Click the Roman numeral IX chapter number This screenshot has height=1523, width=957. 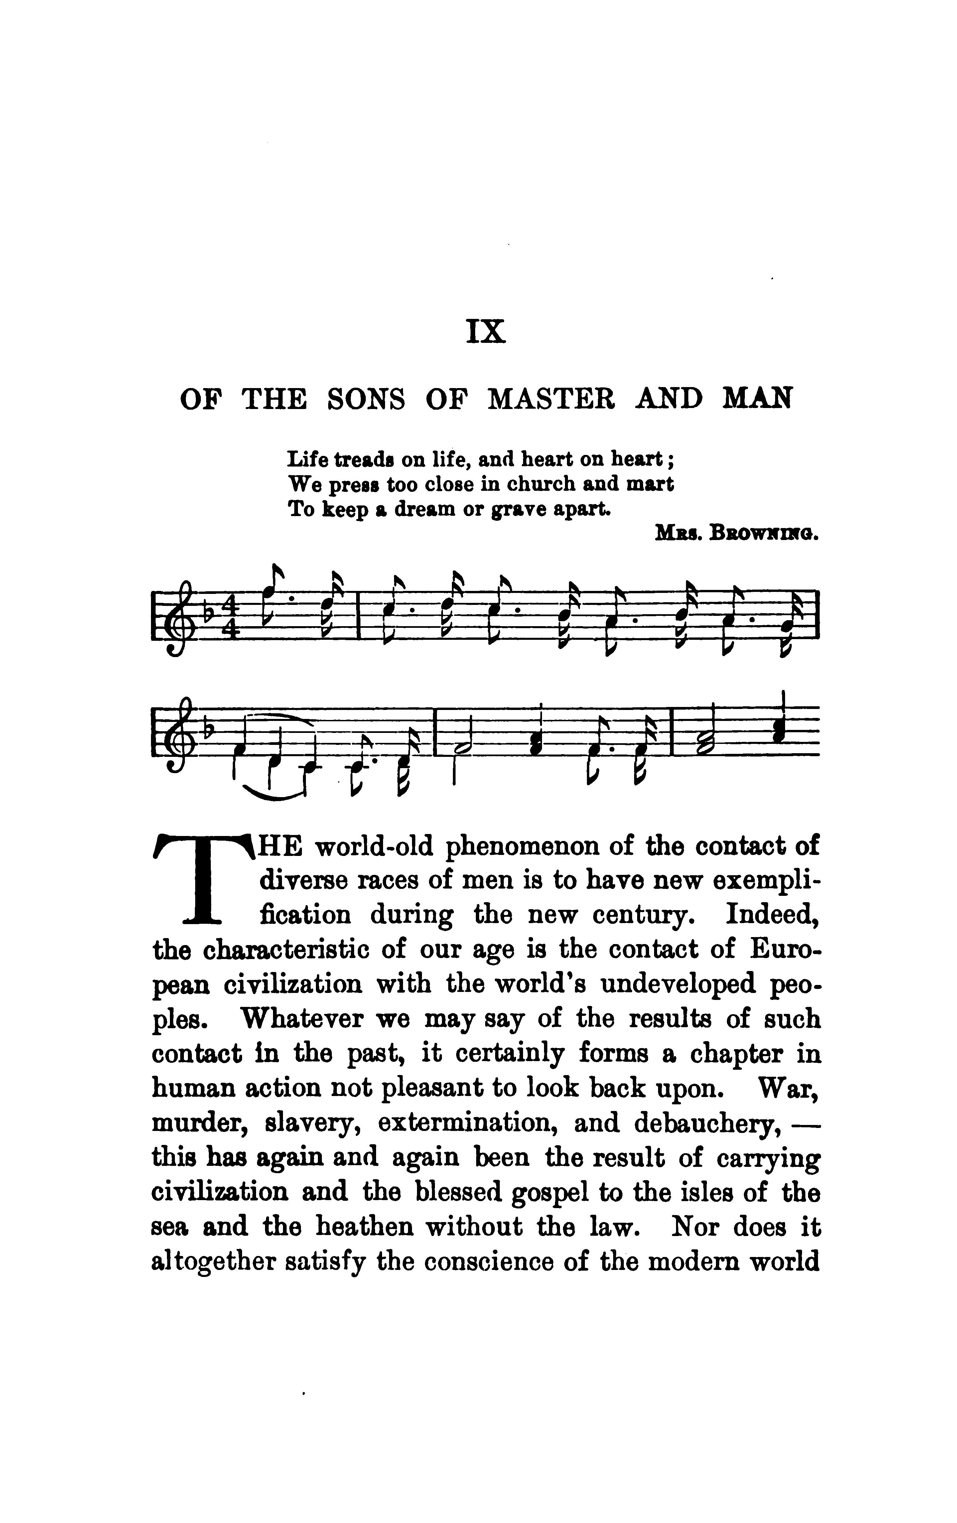tap(486, 331)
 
